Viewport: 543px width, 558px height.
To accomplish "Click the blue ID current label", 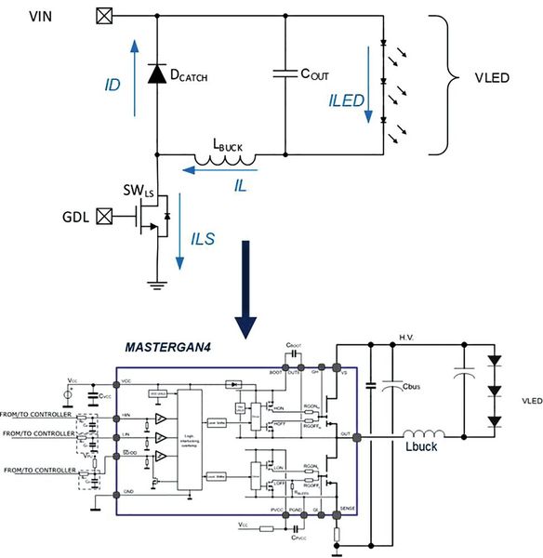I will tap(113, 83).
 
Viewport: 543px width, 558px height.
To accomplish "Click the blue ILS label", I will tap(202, 239).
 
